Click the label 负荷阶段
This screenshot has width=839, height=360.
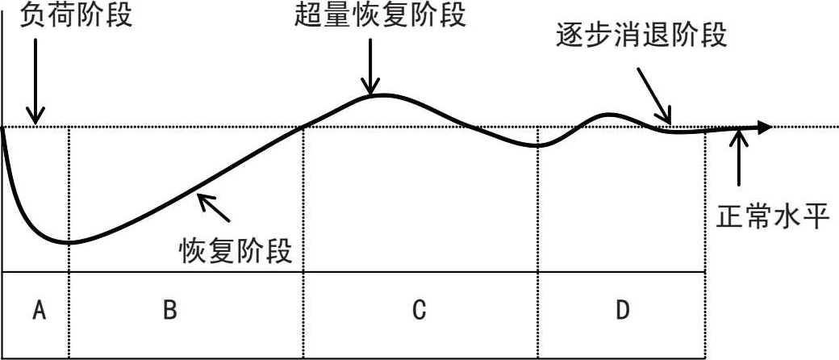click(x=73, y=15)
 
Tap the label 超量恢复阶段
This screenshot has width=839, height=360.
click(x=380, y=15)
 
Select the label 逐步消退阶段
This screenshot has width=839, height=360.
click(x=641, y=36)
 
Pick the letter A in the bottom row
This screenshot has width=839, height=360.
click(x=37, y=311)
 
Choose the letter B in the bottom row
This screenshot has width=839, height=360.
click(x=170, y=311)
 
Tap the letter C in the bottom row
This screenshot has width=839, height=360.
click(x=419, y=311)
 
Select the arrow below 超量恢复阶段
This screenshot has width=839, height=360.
click(x=370, y=65)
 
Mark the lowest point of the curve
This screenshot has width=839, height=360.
click(x=69, y=242)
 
